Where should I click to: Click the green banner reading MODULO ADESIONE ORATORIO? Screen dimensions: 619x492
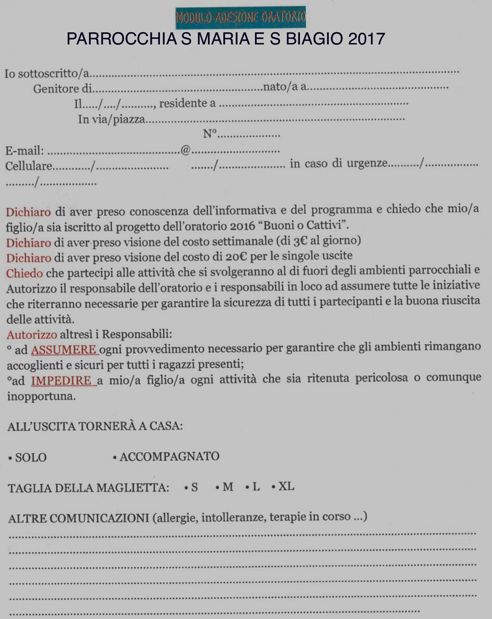click(x=240, y=17)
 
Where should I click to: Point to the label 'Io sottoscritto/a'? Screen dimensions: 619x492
click(x=47, y=74)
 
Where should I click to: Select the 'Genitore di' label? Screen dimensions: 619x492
click(x=62, y=89)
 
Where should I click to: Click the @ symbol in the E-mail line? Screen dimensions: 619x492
click(x=185, y=150)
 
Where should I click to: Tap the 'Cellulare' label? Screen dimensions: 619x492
click(x=28, y=166)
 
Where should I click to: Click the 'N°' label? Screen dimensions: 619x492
click(x=210, y=134)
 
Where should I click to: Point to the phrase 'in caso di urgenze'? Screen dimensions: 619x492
click(x=339, y=164)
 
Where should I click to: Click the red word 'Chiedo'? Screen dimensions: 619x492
click(x=24, y=273)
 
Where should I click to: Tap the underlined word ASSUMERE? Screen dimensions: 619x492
click(x=64, y=350)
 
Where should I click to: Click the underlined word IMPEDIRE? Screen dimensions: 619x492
click(x=61, y=381)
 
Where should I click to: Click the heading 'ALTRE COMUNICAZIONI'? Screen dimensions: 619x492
click(x=79, y=518)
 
